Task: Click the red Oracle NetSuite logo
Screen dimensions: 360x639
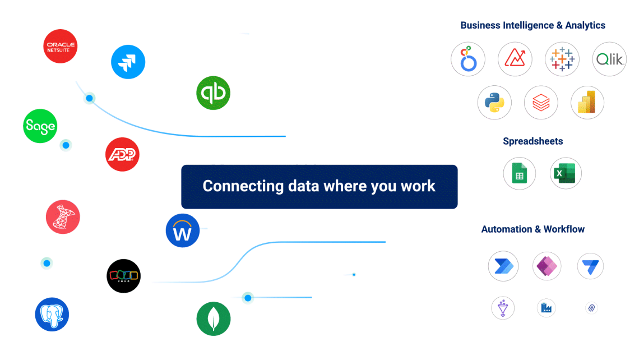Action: click(x=61, y=46)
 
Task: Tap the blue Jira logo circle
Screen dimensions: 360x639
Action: click(x=128, y=62)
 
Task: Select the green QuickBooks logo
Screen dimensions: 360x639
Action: click(x=214, y=93)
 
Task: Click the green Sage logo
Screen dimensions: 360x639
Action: click(x=40, y=126)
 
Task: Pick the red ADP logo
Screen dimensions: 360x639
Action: click(x=122, y=154)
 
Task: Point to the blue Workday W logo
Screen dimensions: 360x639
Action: click(x=183, y=230)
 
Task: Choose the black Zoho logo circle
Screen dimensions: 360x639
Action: click(x=123, y=276)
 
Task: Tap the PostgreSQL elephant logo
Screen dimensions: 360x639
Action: click(x=52, y=314)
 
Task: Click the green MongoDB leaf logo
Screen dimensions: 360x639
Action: click(x=214, y=319)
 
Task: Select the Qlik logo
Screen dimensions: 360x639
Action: click(x=609, y=59)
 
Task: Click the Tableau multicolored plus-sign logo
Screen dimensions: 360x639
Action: click(x=562, y=59)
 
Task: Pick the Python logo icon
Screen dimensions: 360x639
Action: click(x=494, y=103)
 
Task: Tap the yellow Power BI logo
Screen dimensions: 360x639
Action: click(x=587, y=103)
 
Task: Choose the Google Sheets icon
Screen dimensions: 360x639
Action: click(x=520, y=174)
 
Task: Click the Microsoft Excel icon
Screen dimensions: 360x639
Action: click(x=566, y=174)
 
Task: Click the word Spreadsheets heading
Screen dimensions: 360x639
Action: click(x=532, y=141)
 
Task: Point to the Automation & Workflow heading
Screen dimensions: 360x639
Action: click(x=532, y=229)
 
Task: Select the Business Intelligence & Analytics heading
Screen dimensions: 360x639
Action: click(x=532, y=25)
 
